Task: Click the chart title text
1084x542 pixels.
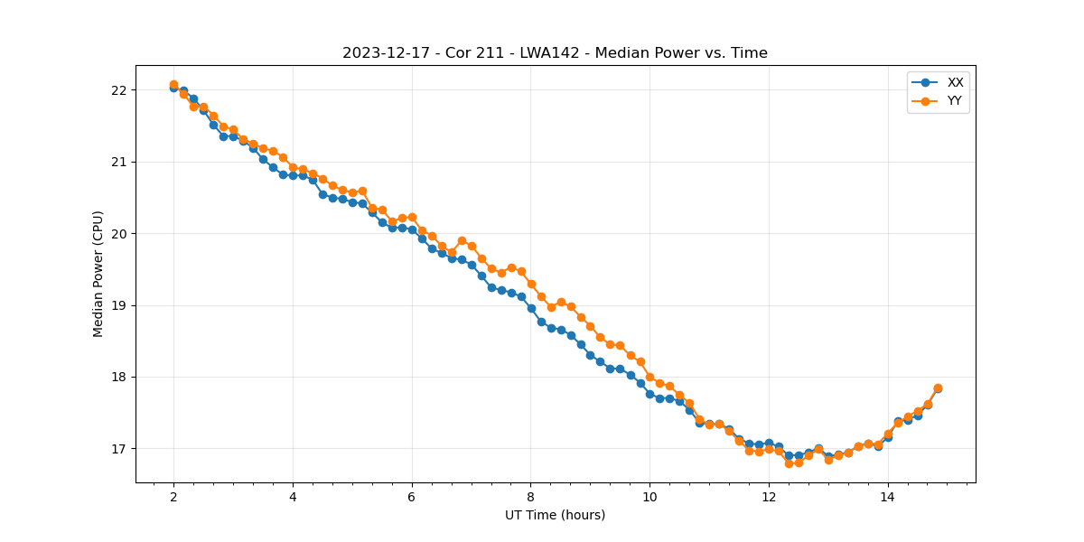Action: point(555,53)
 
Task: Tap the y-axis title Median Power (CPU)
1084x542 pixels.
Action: point(98,274)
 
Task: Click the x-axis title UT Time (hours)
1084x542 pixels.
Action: point(555,515)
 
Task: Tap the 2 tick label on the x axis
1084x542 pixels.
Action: point(173,497)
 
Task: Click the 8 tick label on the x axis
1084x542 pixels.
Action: point(531,497)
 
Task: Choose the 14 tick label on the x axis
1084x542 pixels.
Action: point(888,497)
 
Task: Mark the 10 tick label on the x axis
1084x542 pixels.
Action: point(649,497)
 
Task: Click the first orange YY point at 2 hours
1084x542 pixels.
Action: point(173,85)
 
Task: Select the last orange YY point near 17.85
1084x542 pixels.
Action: point(938,388)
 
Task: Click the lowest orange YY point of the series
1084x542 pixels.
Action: point(789,463)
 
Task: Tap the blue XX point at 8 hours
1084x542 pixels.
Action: point(531,308)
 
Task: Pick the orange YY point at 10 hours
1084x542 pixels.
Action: point(649,377)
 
